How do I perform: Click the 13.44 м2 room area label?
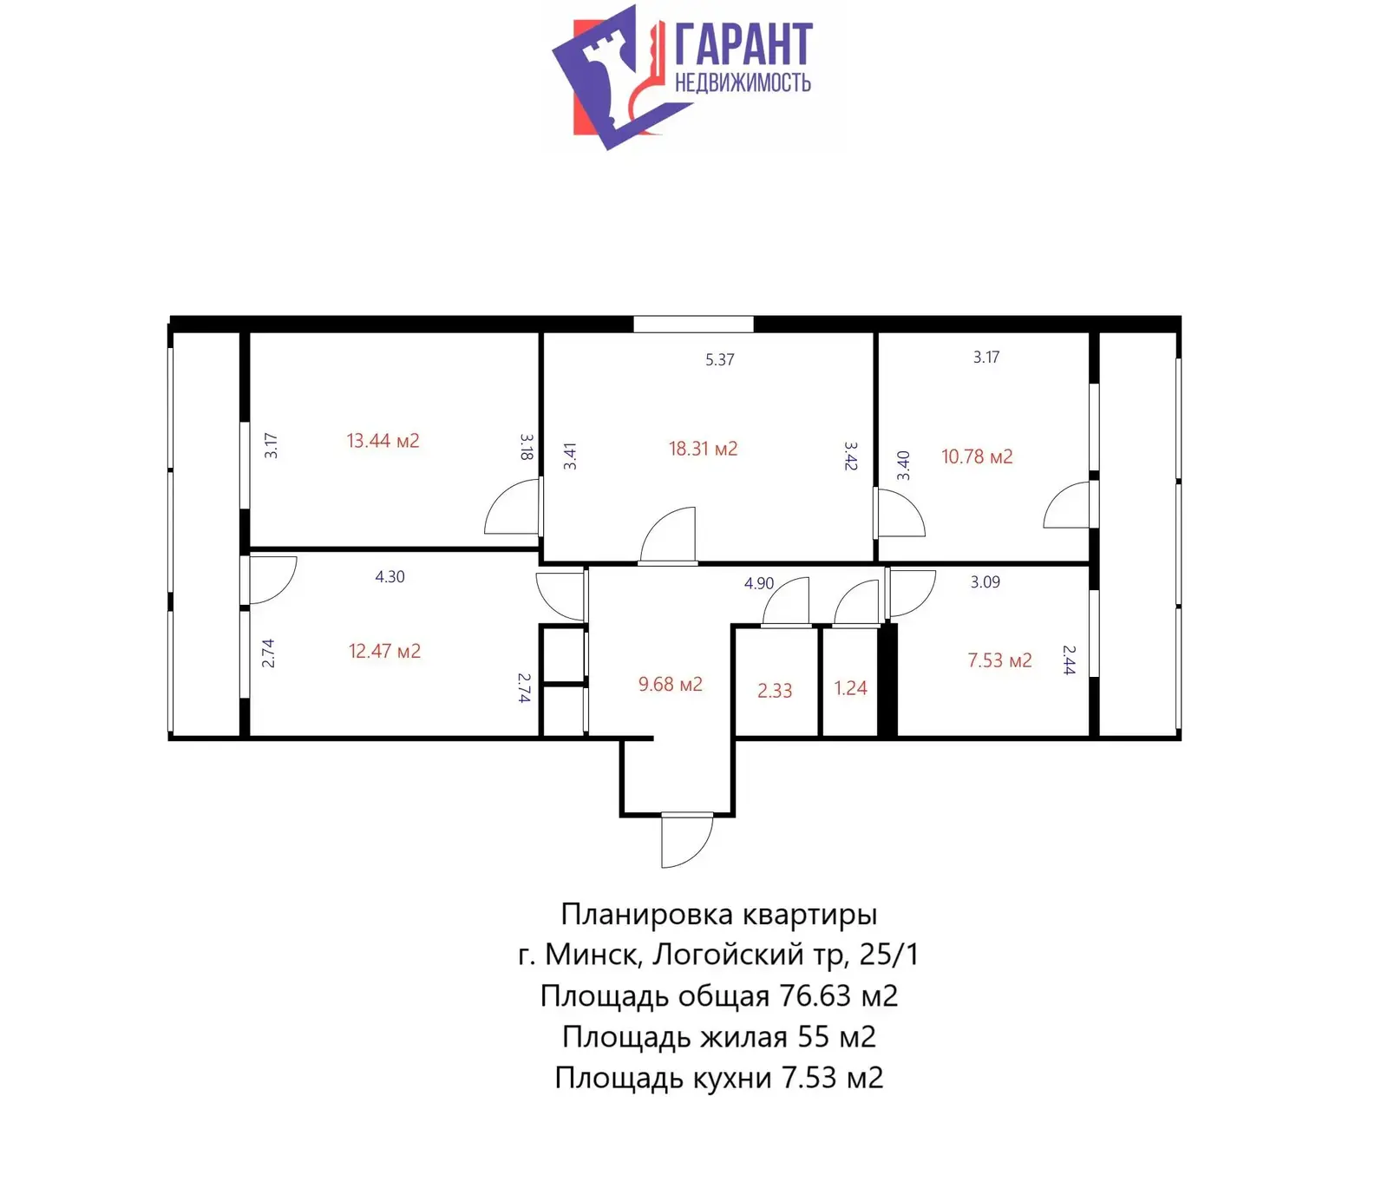(383, 441)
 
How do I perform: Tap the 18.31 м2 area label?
(703, 449)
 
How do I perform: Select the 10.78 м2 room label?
(977, 456)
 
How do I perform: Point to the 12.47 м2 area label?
(384, 651)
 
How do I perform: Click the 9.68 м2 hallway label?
(670, 684)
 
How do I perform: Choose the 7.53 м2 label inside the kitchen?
(999, 660)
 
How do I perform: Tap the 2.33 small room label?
(775, 691)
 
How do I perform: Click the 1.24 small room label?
(850, 688)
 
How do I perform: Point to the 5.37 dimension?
(720, 359)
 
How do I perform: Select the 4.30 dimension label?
(390, 576)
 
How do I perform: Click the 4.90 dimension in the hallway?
(758, 583)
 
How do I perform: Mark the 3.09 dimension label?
(985, 581)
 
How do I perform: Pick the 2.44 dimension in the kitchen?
(1069, 660)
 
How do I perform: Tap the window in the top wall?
(693, 325)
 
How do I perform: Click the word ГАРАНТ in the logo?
(743, 44)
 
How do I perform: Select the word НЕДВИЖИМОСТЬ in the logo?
(743, 82)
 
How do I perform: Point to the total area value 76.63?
(815, 995)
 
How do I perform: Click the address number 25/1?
(888, 955)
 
